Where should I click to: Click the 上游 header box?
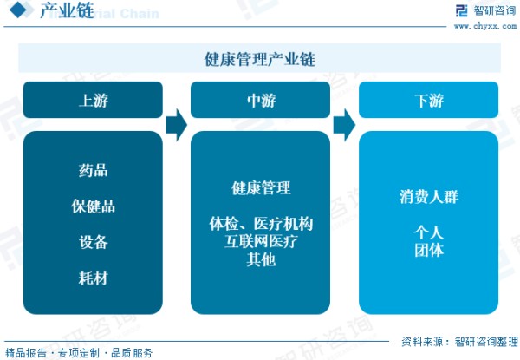93,100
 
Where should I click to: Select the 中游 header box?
260,100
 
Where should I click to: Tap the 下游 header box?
428,100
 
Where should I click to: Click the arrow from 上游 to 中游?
177,125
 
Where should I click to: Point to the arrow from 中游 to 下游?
344,125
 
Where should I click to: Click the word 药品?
94,170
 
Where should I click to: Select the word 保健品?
94,206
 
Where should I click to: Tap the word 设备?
94,242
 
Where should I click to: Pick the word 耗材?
94,278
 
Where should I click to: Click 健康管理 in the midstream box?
261,188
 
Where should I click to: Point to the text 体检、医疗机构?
261,224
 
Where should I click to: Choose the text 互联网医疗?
261,241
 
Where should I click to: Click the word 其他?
261,259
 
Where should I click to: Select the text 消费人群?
429,197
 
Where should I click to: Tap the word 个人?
429,232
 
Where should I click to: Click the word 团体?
429,250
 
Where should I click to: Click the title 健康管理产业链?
260,59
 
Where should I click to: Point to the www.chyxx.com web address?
485,26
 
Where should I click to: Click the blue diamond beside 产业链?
18,10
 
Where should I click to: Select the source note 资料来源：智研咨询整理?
459,342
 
